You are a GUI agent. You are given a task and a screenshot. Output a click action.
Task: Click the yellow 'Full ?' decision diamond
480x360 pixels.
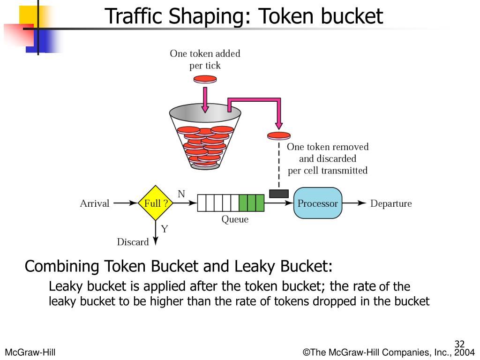click(x=156, y=203)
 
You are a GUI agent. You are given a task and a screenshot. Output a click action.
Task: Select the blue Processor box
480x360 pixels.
click(x=318, y=203)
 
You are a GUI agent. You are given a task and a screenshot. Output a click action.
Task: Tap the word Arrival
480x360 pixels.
click(x=95, y=203)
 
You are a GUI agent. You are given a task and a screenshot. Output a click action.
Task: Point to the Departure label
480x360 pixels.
click(x=391, y=203)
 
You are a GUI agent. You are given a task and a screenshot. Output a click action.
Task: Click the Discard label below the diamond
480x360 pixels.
click(x=133, y=242)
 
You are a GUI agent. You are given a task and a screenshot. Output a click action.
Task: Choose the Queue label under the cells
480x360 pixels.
click(x=235, y=219)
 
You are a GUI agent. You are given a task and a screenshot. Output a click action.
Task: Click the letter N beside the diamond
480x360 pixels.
click(x=181, y=194)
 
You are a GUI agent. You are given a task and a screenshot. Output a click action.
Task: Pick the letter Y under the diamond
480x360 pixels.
click(x=165, y=229)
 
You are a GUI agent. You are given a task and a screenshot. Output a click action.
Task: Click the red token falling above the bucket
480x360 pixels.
click(x=205, y=79)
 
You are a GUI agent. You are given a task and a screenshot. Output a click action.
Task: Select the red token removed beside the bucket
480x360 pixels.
click(x=279, y=136)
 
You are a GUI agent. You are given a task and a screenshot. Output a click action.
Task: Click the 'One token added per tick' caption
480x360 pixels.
click(x=205, y=60)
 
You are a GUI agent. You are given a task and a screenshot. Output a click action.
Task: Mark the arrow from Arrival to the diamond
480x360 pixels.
click(x=124, y=203)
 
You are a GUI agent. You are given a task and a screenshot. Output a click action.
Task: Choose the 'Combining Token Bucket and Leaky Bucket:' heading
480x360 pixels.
click(x=179, y=266)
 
